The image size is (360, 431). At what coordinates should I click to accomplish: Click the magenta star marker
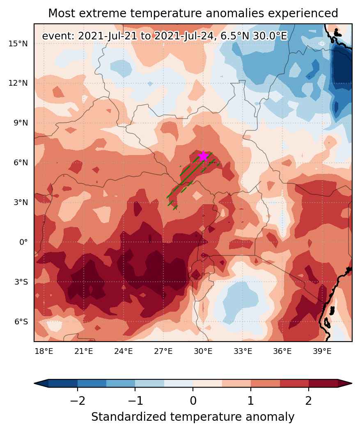[203, 156]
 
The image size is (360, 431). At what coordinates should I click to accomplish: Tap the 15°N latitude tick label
[18, 43]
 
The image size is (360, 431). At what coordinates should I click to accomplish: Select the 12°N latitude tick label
[18, 83]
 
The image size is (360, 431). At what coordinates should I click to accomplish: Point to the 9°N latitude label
[21, 123]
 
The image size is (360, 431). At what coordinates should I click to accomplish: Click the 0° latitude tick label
[24, 242]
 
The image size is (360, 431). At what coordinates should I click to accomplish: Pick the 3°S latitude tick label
[21, 282]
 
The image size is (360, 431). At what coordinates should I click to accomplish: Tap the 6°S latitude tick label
[21, 322]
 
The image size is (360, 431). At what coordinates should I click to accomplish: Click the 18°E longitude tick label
[44, 351]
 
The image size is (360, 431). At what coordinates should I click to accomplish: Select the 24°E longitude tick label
[124, 351]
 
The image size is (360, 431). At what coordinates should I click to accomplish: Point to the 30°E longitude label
[203, 351]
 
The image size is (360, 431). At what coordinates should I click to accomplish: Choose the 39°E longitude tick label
[322, 351]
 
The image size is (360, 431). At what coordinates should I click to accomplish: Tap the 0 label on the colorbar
[193, 401]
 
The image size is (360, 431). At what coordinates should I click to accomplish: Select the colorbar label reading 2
[309, 401]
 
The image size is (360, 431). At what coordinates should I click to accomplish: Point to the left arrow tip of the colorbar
[34, 383]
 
